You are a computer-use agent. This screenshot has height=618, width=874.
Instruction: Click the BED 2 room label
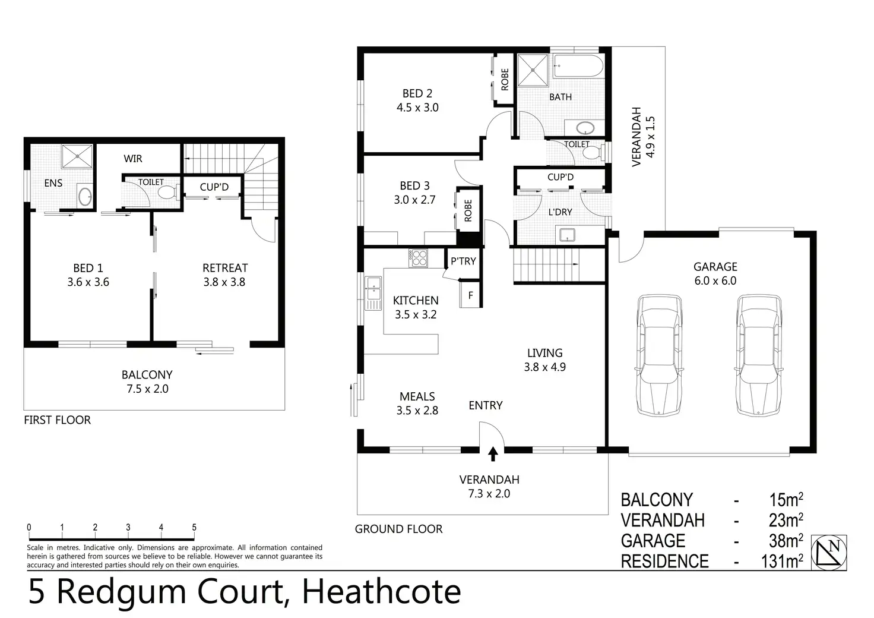(417, 94)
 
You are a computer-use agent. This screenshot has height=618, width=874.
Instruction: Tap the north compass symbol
(829, 553)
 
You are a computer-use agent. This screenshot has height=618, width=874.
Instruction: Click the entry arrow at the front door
(492, 454)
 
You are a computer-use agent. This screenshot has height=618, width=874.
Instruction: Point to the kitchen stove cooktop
(419, 258)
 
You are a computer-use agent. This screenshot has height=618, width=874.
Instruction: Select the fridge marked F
(471, 295)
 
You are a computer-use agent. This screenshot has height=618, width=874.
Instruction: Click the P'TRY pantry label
(463, 261)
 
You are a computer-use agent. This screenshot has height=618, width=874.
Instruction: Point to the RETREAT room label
(225, 268)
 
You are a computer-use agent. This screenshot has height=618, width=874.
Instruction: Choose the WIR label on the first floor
(133, 159)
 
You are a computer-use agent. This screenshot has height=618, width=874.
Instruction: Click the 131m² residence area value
(782, 561)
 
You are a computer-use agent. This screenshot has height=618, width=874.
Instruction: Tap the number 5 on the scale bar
(194, 527)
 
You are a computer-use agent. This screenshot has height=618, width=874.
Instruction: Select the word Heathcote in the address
(381, 592)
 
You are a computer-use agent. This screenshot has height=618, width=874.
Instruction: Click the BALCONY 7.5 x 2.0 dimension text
(147, 389)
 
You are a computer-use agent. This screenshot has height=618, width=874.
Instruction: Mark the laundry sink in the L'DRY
(566, 235)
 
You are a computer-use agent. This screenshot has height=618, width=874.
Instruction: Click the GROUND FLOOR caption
(398, 529)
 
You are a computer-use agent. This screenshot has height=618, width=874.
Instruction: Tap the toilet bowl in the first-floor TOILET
(166, 193)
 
